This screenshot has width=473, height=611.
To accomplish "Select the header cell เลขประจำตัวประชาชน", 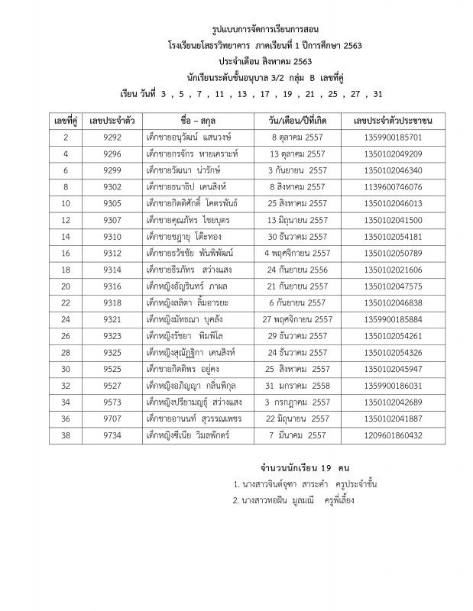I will click(394, 121).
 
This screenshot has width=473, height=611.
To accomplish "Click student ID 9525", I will click(112, 368).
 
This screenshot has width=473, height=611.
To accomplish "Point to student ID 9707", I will click(112, 418).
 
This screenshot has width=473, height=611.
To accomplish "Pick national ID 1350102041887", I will click(394, 418).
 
